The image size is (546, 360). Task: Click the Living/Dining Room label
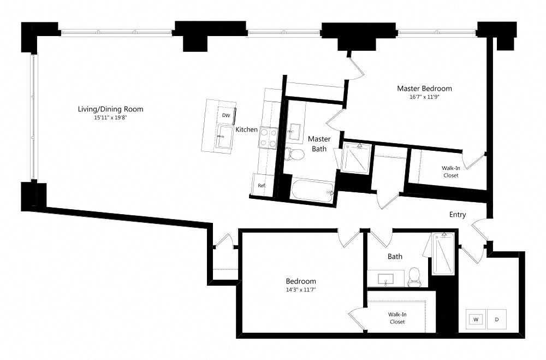[x=111, y=109]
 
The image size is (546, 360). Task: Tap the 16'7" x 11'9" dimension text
[x=424, y=97]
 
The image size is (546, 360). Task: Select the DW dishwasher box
[x=226, y=115]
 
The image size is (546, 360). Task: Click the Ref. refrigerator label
[x=262, y=186]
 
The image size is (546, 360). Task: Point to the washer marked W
[x=476, y=319]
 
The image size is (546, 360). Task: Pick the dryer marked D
[x=496, y=319]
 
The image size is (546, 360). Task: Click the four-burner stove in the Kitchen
[x=269, y=137]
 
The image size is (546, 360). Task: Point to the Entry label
[x=458, y=215]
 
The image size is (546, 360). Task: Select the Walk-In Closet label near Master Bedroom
[x=450, y=172]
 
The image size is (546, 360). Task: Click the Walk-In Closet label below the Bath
[x=397, y=318]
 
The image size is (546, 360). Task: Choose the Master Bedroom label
[x=424, y=88]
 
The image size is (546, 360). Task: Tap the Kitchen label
[x=246, y=129]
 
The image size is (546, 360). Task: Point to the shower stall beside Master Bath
[x=355, y=157]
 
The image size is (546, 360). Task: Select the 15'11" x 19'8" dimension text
[x=111, y=117]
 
